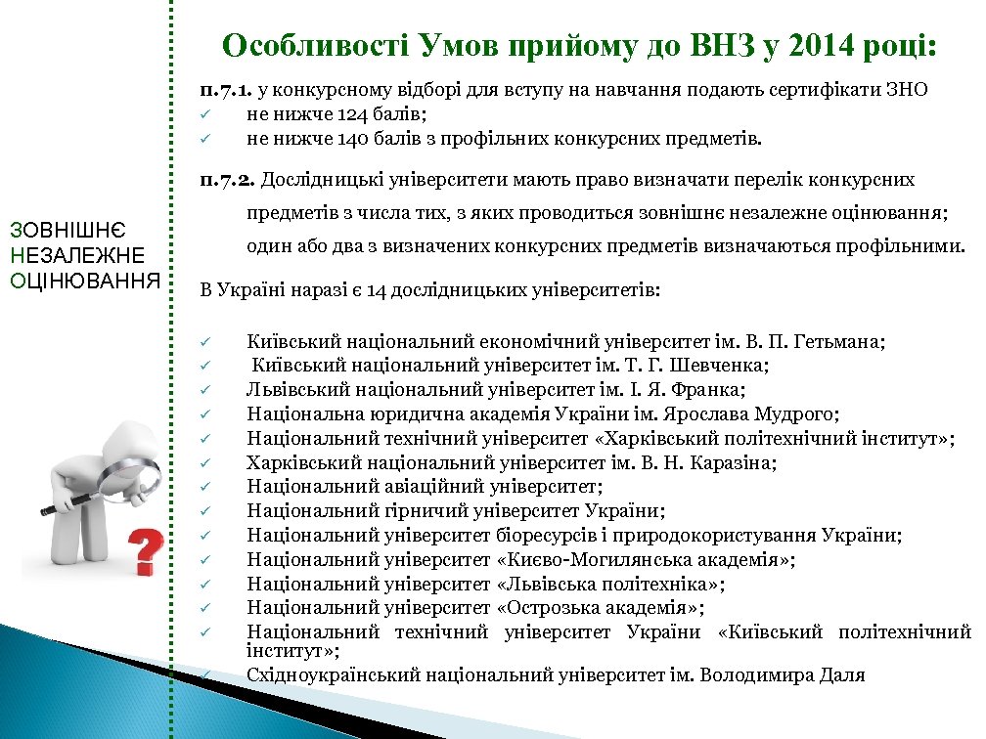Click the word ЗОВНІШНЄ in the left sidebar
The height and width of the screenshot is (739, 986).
pos(65,231)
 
